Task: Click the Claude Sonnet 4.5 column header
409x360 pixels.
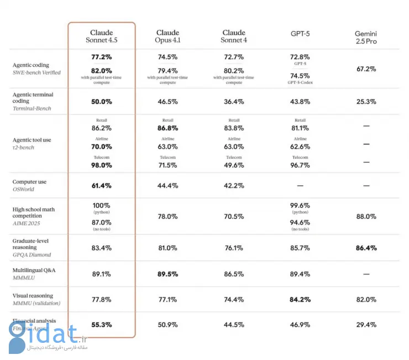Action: (102, 36)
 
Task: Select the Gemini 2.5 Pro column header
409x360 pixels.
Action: (366, 37)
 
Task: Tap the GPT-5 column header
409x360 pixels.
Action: (300, 33)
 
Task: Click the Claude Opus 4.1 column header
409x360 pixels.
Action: (167, 36)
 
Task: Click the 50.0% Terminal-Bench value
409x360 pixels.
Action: (102, 102)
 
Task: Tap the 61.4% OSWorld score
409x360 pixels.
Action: (102, 186)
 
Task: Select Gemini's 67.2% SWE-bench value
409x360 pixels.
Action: (366, 69)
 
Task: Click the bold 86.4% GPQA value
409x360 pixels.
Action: (366, 248)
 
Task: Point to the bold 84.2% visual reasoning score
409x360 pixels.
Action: (300, 300)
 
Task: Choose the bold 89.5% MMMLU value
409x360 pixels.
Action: (167, 274)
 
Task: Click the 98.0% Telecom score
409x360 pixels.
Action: (102, 165)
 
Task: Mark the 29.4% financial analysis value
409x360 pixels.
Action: (366, 325)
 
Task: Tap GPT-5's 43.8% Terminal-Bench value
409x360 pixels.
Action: (300, 102)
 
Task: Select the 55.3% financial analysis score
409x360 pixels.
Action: (102, 325)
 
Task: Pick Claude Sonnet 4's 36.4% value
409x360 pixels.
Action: (234, 102)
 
